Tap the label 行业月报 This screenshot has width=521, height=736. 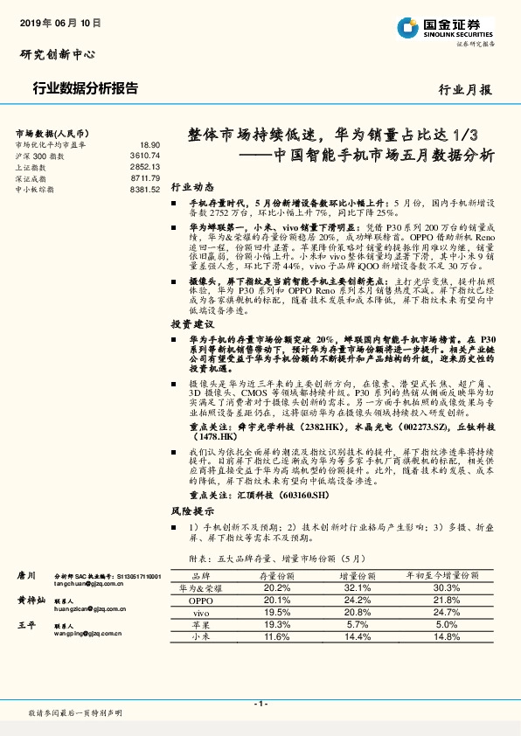464,89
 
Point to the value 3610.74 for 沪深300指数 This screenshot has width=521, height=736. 144,156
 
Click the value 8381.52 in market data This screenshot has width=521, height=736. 144,189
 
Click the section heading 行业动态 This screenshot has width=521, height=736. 191,187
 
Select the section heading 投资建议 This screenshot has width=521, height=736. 191,323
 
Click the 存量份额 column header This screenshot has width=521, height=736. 276,577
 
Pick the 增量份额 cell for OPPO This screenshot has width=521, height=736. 358,601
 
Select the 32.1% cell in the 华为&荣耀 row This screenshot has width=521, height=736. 358,588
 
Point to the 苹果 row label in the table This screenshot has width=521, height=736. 201,625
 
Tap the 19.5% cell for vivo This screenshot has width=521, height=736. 276,613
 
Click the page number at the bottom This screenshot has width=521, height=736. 260,704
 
